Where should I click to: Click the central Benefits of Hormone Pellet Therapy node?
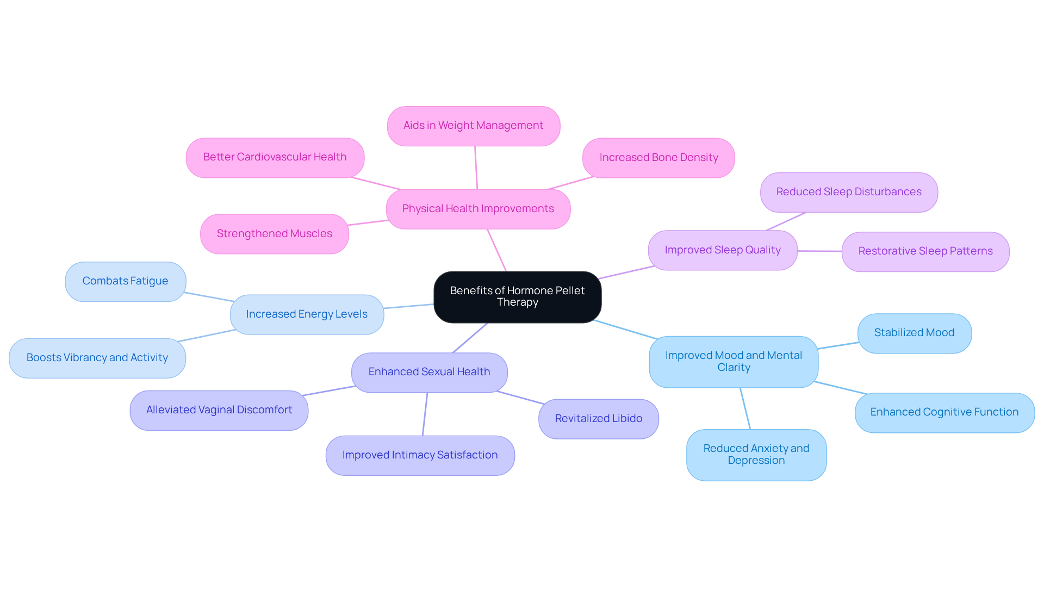point(517,296)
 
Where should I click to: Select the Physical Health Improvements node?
point(478,209)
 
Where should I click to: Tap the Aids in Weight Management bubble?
point(473,126)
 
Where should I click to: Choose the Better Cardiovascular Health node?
point(275,157)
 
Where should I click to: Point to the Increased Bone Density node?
point(658,158)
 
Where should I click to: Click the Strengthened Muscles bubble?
point(274,234)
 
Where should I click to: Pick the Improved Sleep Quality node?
point(722,250)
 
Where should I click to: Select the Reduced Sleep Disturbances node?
point(848,192)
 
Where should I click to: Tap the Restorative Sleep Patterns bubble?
point(925,251)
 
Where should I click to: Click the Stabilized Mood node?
point(914,333)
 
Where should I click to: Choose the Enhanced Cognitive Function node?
point(944,412)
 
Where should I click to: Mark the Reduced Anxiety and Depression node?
point(756,455)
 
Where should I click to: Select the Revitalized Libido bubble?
point(598,419)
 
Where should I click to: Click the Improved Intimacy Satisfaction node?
point(420,455)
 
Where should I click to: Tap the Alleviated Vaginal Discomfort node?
point(219,410)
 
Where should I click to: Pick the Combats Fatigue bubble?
point(125,281)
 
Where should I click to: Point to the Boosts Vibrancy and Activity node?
point(97,358)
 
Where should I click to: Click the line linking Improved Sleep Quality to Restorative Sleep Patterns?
point(819,251)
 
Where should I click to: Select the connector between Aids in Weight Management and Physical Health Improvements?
point(476,168)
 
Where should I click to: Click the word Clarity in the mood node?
point(734,368)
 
